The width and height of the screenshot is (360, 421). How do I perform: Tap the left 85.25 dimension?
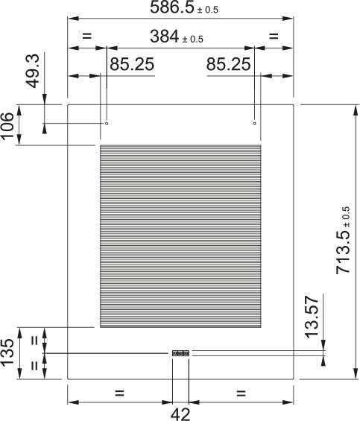[132, 65]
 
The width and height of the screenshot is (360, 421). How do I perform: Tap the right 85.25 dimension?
[228, 65]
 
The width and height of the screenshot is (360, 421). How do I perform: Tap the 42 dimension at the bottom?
[181, 414]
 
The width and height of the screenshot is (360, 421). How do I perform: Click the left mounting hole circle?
[107, 123]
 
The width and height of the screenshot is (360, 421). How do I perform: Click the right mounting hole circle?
[255, 123]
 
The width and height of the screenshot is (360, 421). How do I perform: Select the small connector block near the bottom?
[181, 353]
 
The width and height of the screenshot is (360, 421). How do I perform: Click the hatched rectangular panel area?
[180, 237]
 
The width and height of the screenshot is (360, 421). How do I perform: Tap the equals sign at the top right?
[273, 36]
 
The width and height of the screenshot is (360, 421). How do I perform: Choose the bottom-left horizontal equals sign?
[119, 392]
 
